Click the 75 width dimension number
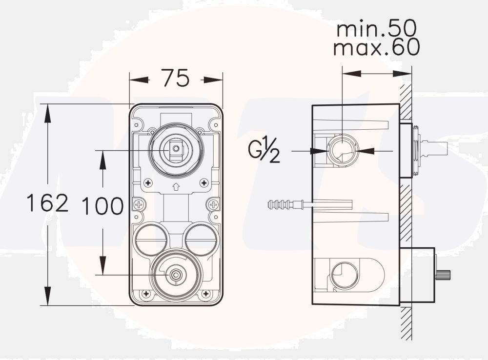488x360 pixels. (175, 78)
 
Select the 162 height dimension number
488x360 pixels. (47, 203)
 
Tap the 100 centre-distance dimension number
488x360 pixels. (102, 206)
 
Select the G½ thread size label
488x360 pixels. (264, 151)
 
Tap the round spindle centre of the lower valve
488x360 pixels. (176, 275)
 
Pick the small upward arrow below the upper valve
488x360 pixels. (176, 186)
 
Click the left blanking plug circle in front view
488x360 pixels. (151, 239)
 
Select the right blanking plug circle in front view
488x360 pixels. (200, 239)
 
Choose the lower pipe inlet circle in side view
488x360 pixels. (345, 275)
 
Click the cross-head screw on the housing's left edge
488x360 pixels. (139, 205)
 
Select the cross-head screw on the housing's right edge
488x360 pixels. (213, 205)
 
